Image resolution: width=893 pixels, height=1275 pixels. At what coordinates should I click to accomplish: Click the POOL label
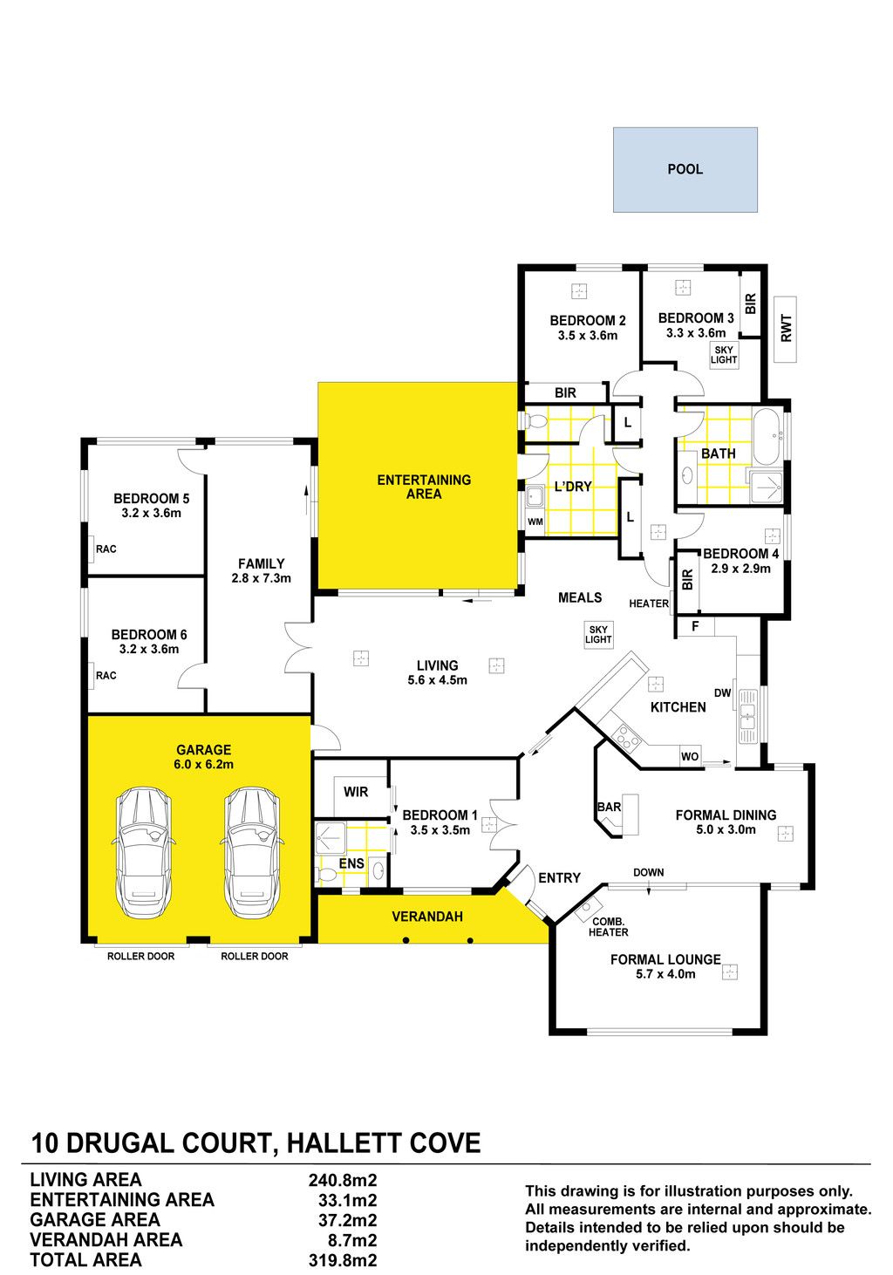tap(685, 169)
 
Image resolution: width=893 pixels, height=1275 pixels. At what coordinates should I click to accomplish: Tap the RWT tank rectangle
tap(786, 329)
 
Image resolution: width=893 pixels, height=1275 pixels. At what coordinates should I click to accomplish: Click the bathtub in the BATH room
tap(768, 437)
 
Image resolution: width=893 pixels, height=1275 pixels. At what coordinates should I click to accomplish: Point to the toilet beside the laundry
tap(534, 422)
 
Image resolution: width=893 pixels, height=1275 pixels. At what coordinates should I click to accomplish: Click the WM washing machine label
tap(535, 522)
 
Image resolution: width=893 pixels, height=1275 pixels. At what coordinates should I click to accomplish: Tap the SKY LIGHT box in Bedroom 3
tap(724, 355)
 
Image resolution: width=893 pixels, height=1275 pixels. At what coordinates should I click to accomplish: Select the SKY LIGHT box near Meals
tap(598, 634)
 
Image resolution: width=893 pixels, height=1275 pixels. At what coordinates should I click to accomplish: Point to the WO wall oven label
tap(689, 756)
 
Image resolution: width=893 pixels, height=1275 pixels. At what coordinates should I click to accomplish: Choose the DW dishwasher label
tap(722, 692)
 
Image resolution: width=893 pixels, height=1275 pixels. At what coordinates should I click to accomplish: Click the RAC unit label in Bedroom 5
tap(106, 549)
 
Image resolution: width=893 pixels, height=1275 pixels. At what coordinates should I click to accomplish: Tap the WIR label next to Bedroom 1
tap(356, 792)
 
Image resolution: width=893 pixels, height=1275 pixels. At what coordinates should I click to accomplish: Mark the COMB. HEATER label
tap(609, 927)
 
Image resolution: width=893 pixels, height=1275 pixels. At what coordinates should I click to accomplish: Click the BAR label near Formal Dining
tap(609, 807)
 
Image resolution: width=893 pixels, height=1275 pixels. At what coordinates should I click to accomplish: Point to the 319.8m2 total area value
tap(343, 1260)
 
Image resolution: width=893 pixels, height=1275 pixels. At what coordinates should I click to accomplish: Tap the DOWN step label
tap(648, 872)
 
